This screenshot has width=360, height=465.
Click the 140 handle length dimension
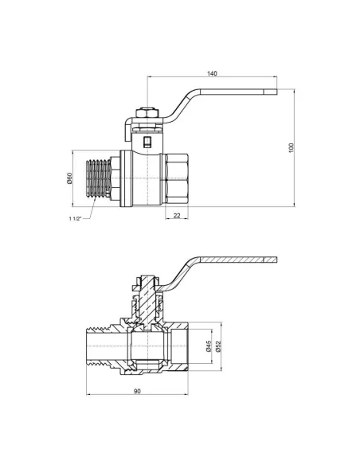(x=212, y=73)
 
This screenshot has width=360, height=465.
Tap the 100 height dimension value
(x=292, y=147)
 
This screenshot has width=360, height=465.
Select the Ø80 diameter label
(x=69, y=178)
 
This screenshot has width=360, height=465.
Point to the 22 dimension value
(x=177, y=216)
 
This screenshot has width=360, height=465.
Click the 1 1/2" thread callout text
(x=75, y=218)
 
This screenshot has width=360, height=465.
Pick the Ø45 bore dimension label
(x=209, y=346)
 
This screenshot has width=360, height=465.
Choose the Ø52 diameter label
(x=219, y=346)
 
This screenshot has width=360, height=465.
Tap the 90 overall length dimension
(x=137, y=391)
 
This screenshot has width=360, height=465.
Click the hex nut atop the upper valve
(x=147, y=113)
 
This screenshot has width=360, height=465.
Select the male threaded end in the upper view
(x=98, y=178)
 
